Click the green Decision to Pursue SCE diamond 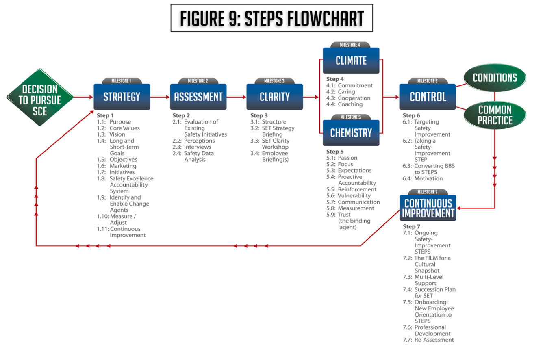pyautogui.click(x=40, y=97)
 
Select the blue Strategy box pyautogui.click(x=122, y=97)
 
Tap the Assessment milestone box pyautogui.click(x=198, y=97)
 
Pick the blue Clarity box pyautogui.click(x=274, y=97)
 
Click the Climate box pyautogui.click(x=351, y=61)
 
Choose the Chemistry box pyautogui.click(x=351, y=133)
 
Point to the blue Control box pyautogui.click(x=427, y=97)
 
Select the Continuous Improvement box pyautogui.click(x=428, y=208)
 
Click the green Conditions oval pyautogui.click(x=495, y=78)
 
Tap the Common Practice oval pyautogui.click(x=495, y=115)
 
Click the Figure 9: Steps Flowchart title pyautogui.click(x=271, y=18)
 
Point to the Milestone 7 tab pyautogui.click(x=428, y=192)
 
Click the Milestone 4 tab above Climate pyautogui.click(x=351, y=45)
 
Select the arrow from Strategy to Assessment pyautogui.click(x=160, y=97)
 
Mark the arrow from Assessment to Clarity pyautogui.click(x=236, y=97)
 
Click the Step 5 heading pyautogui.click(x=334, y=152)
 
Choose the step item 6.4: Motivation pyautogui.click(x=423, y=178)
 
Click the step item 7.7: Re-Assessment pyautogui.click(x=428, y=340)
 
